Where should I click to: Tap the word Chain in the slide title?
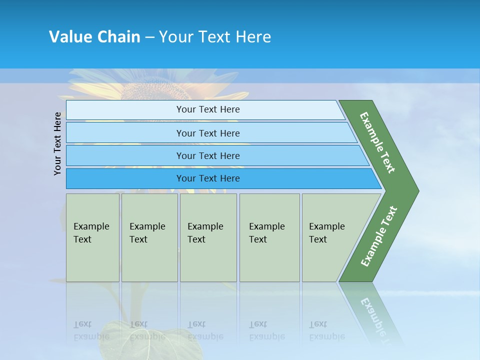(118, 37)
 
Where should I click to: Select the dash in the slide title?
(149, 37)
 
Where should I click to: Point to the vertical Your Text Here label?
(57, 143)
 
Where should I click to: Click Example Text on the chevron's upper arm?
(377, 142)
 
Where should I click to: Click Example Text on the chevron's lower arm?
(379, 236)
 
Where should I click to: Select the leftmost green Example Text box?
(92, 237)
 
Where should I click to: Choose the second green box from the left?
(149, 237)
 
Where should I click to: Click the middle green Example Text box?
(208, 237)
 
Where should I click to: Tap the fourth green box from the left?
(269, 237)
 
